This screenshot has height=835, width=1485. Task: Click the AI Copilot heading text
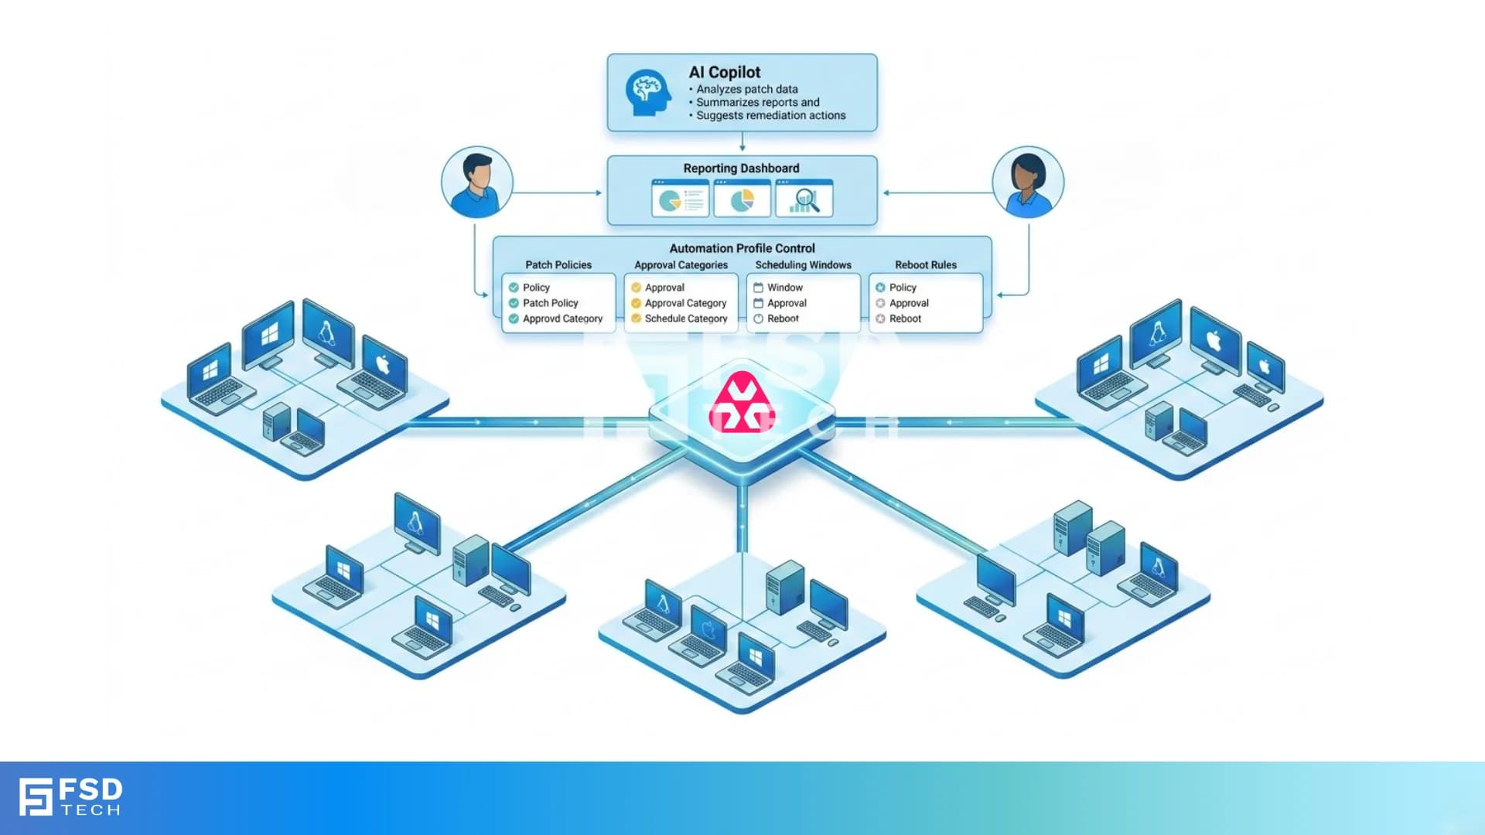coord(724,72)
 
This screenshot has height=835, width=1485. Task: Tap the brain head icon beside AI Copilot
coord(647,93)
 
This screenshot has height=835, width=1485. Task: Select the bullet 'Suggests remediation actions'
coord(770,115)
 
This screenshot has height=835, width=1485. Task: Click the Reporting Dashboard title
coord(741,168)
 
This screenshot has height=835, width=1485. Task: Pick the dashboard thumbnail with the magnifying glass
coord(804,199)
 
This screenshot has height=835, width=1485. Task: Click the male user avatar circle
coord(476,182)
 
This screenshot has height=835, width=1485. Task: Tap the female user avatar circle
coord(1028,182)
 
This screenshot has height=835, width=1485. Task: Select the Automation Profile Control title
coord(742,248)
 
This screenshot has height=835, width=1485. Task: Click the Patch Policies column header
coord(558,264)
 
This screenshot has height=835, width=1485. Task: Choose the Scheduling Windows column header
coord(803,264)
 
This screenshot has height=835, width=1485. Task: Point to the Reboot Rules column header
coord(925,264)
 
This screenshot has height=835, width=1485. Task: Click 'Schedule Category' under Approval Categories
coord(685,319)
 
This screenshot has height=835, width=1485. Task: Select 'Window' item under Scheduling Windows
coord(784,287)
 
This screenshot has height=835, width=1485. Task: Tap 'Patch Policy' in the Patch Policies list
coord(550,303)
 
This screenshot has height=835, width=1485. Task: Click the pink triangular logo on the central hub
coord(742,402)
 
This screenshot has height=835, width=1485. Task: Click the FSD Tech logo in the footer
coord(70,797)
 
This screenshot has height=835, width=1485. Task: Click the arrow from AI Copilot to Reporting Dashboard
coord(742,143)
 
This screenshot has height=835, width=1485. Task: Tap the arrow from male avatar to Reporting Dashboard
coord(557,193)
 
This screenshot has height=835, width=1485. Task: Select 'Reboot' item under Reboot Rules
coord(905,319)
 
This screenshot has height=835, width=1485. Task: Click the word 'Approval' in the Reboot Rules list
coord(909,303)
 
